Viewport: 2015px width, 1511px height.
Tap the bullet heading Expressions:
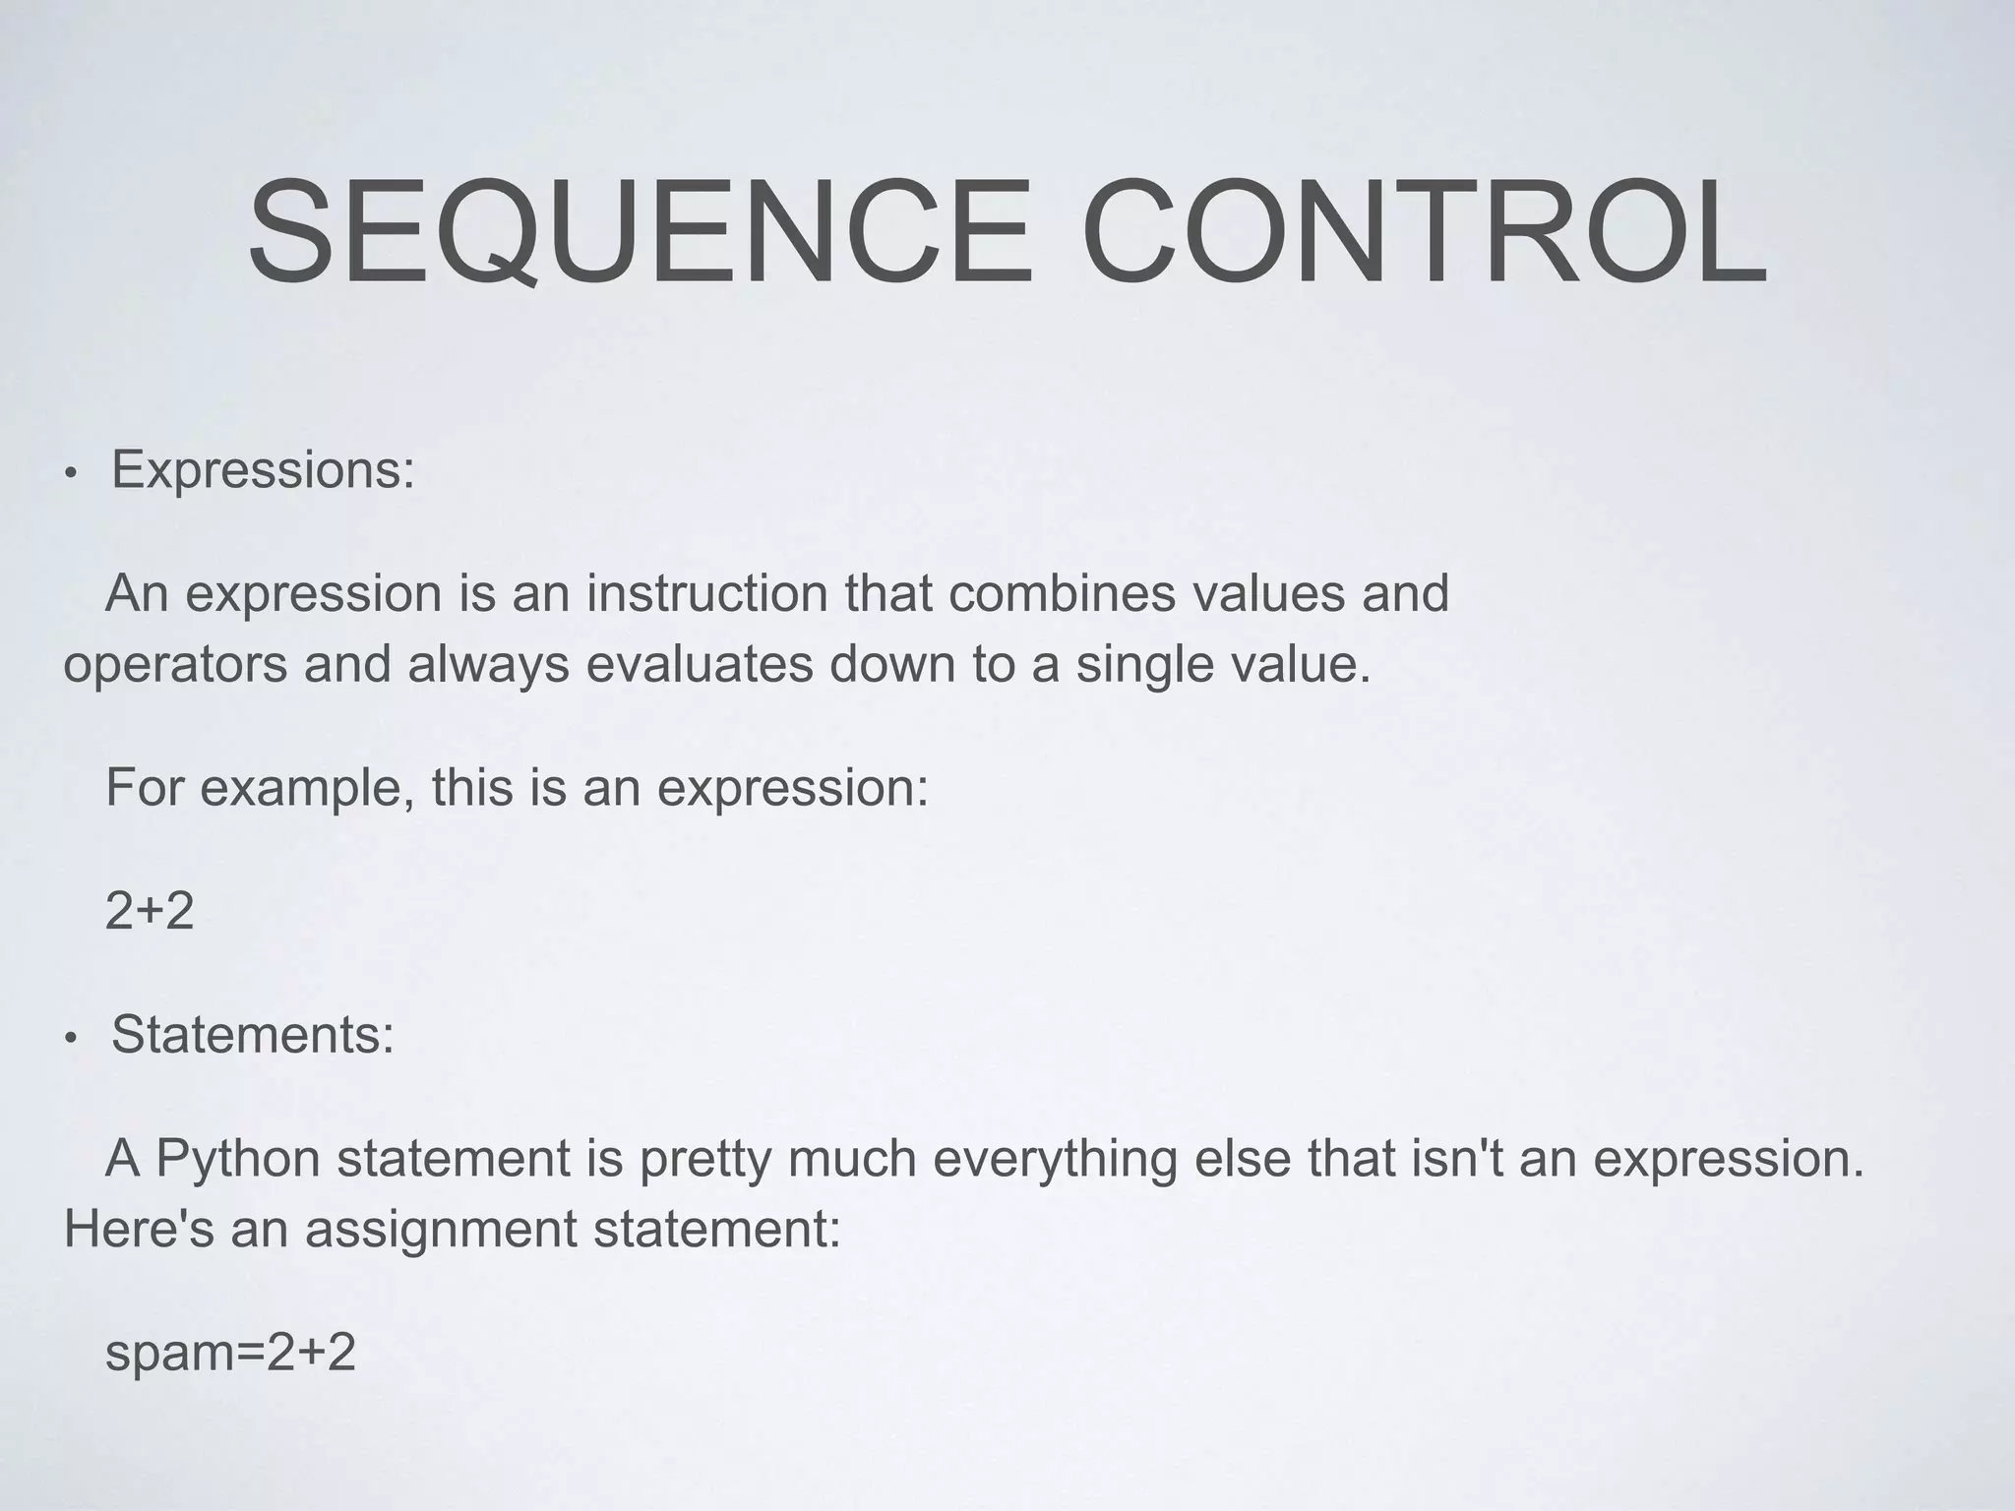[263, 470]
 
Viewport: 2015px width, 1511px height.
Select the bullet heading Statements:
[253, 1035]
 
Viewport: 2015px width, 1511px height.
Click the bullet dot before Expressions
[69, 475]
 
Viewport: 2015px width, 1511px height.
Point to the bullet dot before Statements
[69, 1040]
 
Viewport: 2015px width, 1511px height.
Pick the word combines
[1062, 594]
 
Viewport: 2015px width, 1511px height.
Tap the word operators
[175, 666]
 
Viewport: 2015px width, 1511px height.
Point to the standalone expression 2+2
[150, 912]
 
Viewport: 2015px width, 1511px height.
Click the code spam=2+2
[230, 1354]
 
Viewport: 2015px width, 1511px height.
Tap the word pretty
[704, 1160]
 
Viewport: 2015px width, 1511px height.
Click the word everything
[1055, 1160]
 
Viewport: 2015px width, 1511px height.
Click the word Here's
[139, 1229]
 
